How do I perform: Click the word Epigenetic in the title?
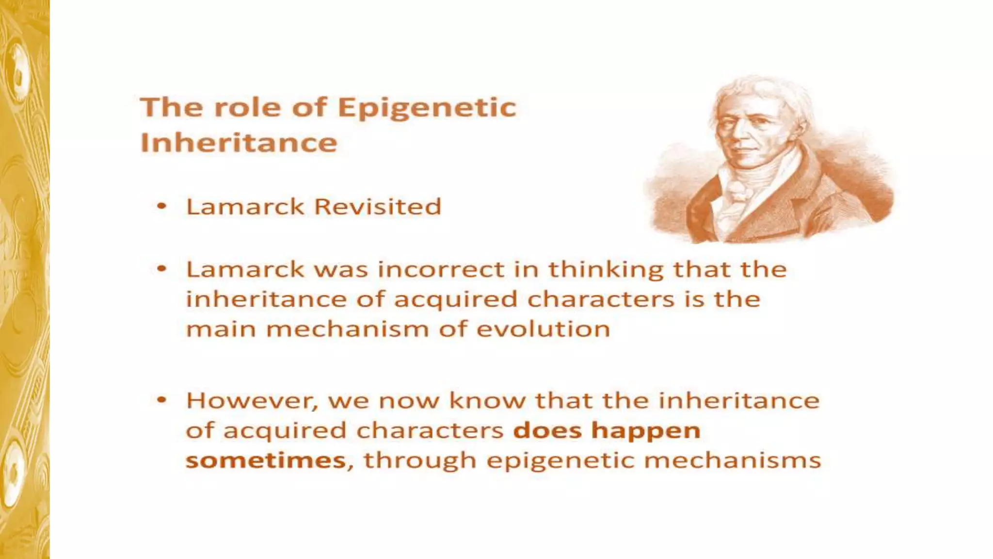tap(427, 108)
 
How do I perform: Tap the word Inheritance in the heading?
tap(239, 143)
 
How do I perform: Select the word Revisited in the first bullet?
tap(378, 207)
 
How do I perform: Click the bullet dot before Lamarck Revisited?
tap(162, 207)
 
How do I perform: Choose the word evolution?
tap(543, 329)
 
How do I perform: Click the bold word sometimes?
tap(266, 460)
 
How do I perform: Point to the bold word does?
tap(547, 431)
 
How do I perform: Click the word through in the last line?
tap(420, 460)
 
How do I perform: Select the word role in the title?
tap(247, 108)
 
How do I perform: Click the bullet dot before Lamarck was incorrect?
tap(162, 269)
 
